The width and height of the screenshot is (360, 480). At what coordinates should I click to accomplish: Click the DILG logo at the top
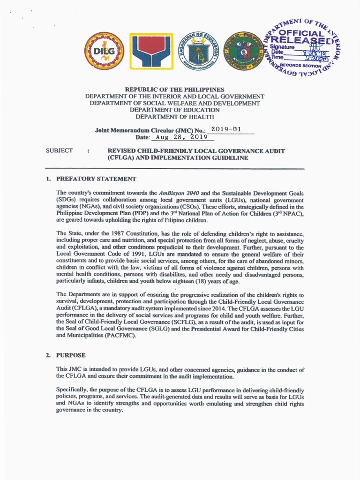coord(104,51)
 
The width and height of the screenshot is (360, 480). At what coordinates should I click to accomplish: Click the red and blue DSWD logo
coord(151,51)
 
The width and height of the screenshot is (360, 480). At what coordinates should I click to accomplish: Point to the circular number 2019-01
coord(226,129)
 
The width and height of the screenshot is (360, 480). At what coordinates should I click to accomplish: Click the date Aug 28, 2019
coord(181,137)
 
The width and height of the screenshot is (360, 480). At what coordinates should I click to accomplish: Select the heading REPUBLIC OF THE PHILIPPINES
coord(174,89)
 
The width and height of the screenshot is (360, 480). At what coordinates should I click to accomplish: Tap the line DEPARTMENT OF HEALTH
coord(174,116)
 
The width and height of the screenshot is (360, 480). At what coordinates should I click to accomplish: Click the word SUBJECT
coord(59,150)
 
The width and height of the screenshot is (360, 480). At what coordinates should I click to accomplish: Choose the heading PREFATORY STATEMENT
coord(96,179)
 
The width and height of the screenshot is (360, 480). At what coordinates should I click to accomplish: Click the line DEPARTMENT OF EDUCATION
coord(174,110)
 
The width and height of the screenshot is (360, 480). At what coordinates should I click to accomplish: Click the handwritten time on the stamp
coord(315,59)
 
